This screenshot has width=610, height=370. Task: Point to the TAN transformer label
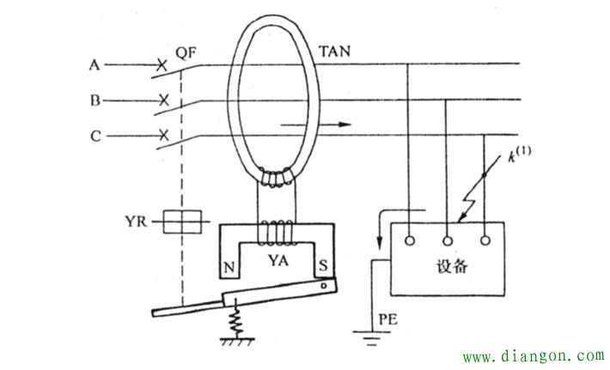pyautogui.click(x=335, y=52)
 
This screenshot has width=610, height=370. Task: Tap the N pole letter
pyautogui.click(x=229, y=264)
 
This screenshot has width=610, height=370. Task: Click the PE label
pyautogui.click(x=385, y=320)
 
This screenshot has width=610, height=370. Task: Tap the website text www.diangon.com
pyautogui.click(x=534, y=355)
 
